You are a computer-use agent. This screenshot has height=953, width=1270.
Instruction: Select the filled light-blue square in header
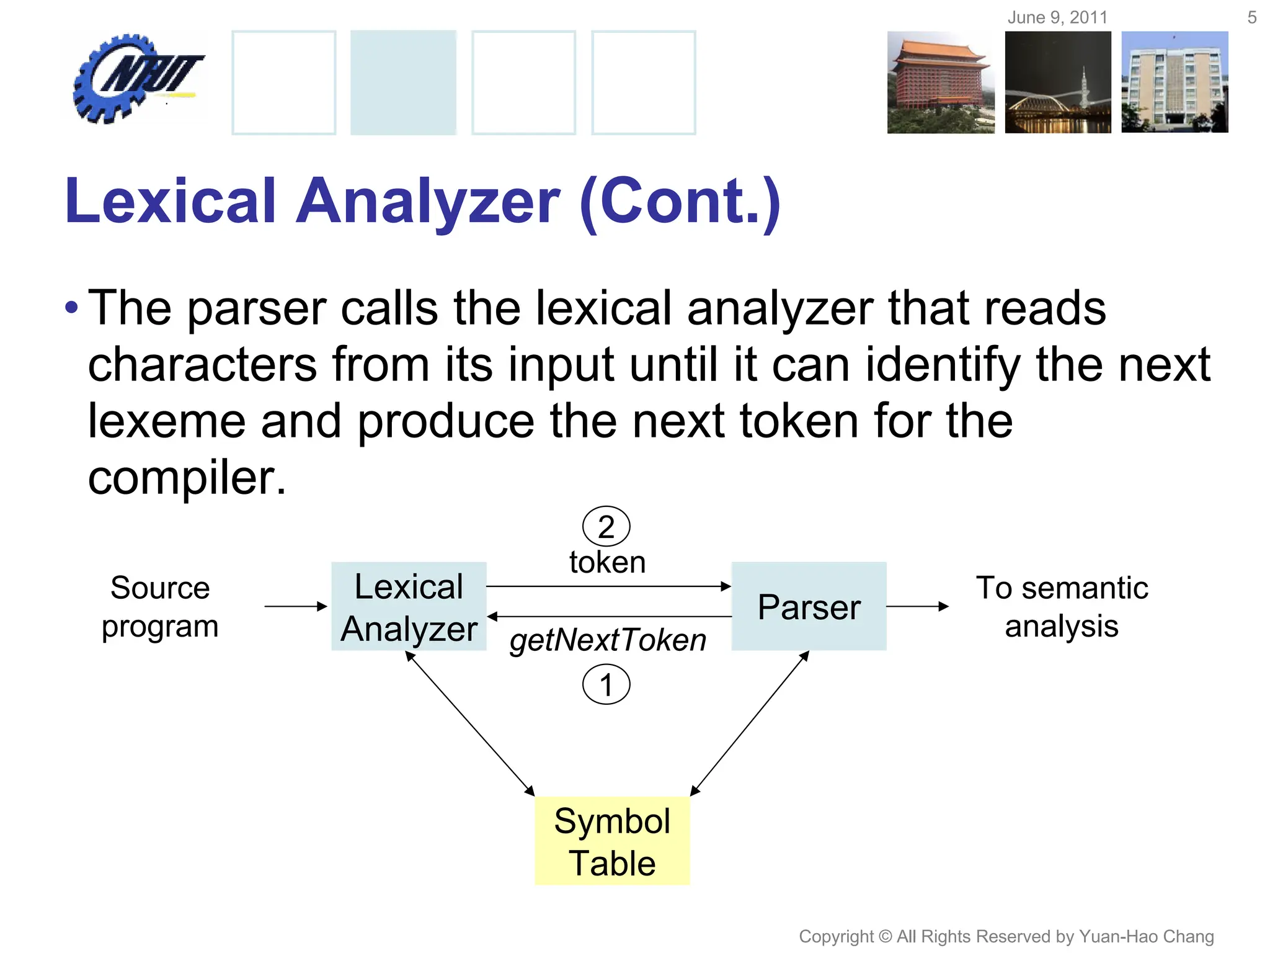[x=403, y=82]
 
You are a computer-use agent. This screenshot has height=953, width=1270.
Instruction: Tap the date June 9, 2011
[x=1057, y=17]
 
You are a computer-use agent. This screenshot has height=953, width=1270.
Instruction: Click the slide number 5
[x=1251, y=17]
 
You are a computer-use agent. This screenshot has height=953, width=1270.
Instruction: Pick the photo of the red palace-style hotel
[x=940, y=82]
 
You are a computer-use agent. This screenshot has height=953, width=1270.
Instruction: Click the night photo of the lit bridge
[x=1058, y=82]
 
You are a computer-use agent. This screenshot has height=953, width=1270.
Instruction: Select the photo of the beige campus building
[x=1175, y=82]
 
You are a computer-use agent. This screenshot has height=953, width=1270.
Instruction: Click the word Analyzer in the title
[x=428, y=201]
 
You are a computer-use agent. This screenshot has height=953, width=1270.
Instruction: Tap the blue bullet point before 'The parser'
[x=72, y=307]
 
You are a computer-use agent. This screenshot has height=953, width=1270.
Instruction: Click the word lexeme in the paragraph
[x=166, y=421]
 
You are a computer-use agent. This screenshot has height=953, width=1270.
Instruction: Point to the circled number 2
[x=606, y=527]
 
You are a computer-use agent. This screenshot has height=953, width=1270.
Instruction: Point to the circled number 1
[x=606, y=685]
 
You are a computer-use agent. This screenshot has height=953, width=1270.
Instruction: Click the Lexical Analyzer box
[x=409, y=606]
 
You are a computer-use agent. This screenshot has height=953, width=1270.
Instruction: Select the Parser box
[x=809, y=606]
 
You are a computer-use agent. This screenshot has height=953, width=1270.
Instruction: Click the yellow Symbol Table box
[x=612, y=841]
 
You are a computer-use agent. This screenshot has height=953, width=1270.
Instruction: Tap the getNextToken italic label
[x=608, y=640]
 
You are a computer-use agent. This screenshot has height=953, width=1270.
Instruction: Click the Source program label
[x=160, y=606]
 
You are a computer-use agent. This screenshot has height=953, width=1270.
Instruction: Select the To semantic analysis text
[x=1062, y=606]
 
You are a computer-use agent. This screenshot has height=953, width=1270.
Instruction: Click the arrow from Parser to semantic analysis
[x=917, y=606]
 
